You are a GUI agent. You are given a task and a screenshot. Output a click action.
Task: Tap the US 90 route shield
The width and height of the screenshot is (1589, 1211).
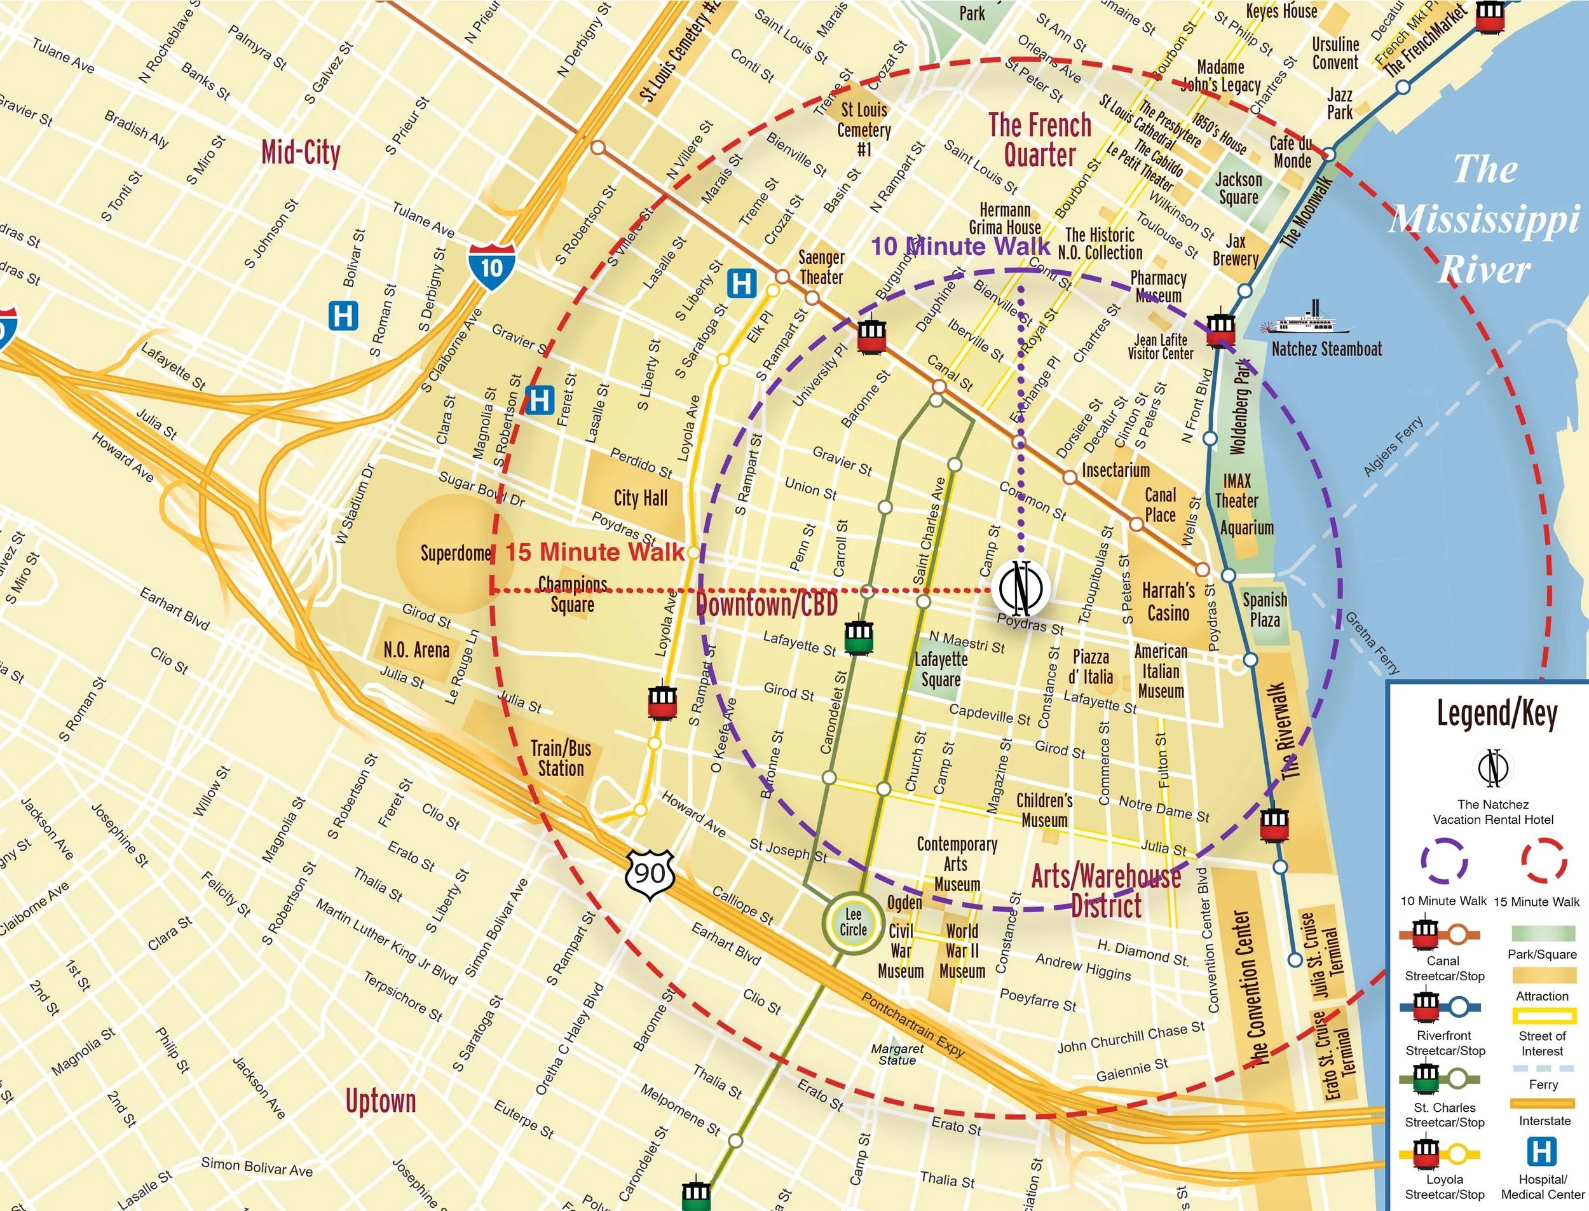(x=650, y=873)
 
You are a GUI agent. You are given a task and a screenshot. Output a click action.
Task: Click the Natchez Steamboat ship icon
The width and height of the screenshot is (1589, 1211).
(x=1305, y=320)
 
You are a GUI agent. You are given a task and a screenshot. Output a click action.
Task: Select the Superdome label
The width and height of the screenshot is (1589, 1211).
(x=456, y=554)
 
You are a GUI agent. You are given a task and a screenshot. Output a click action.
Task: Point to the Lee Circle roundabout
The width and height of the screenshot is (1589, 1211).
(x=852, y=922)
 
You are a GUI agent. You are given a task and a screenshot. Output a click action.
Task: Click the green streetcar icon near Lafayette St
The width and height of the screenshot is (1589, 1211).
(x=857, y=636)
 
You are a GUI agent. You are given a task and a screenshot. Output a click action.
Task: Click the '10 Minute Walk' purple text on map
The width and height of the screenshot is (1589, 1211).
(x=960, y=247)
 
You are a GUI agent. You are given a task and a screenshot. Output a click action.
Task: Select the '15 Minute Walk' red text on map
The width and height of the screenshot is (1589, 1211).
(x=594, y=552)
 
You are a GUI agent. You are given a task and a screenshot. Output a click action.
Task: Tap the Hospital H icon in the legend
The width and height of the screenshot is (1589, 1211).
(x=1541, y=1151)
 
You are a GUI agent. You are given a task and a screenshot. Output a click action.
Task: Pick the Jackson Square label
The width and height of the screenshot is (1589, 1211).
(x=1238, y=188)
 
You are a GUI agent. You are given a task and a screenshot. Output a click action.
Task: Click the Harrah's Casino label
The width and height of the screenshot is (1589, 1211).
(x=1168, y=602)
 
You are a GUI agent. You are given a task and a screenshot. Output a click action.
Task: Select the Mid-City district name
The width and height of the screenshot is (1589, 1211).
(x=301, y=153)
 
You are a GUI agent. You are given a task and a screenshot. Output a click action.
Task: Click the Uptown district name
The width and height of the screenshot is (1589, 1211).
(x=381, y=1101)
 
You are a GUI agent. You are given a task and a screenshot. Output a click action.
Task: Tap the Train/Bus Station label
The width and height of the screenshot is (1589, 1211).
(x=561, y=758)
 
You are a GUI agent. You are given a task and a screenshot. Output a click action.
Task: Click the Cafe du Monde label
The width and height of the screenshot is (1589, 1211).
(x=1292, y=152)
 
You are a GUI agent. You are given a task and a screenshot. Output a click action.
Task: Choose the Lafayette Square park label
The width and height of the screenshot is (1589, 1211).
(x=941, y=669)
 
